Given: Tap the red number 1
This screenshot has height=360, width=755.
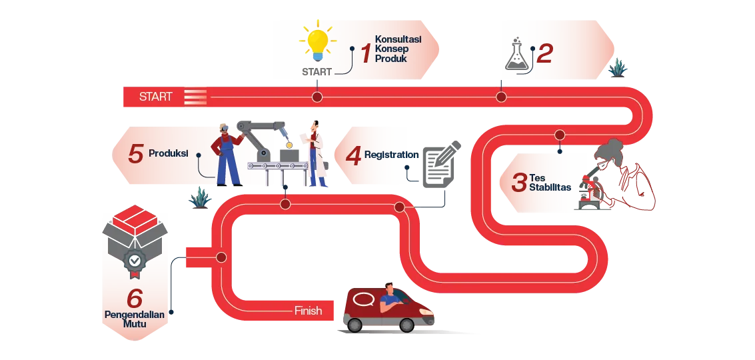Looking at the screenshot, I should tap(365, 53).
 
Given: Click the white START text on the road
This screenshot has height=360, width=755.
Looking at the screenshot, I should tap(155, 97).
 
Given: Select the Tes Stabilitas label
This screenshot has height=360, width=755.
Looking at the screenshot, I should tap(550, 182).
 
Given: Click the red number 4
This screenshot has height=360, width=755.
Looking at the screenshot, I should tap(353, 156).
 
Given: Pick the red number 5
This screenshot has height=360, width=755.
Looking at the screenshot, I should tap(136, 154).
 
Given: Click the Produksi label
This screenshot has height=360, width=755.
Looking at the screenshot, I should tap(168, 153).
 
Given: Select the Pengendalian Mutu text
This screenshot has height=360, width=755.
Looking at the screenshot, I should tap(134, 319).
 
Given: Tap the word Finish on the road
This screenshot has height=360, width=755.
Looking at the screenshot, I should tap(308, 311).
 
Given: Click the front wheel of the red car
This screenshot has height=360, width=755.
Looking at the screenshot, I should tap(406, 325).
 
